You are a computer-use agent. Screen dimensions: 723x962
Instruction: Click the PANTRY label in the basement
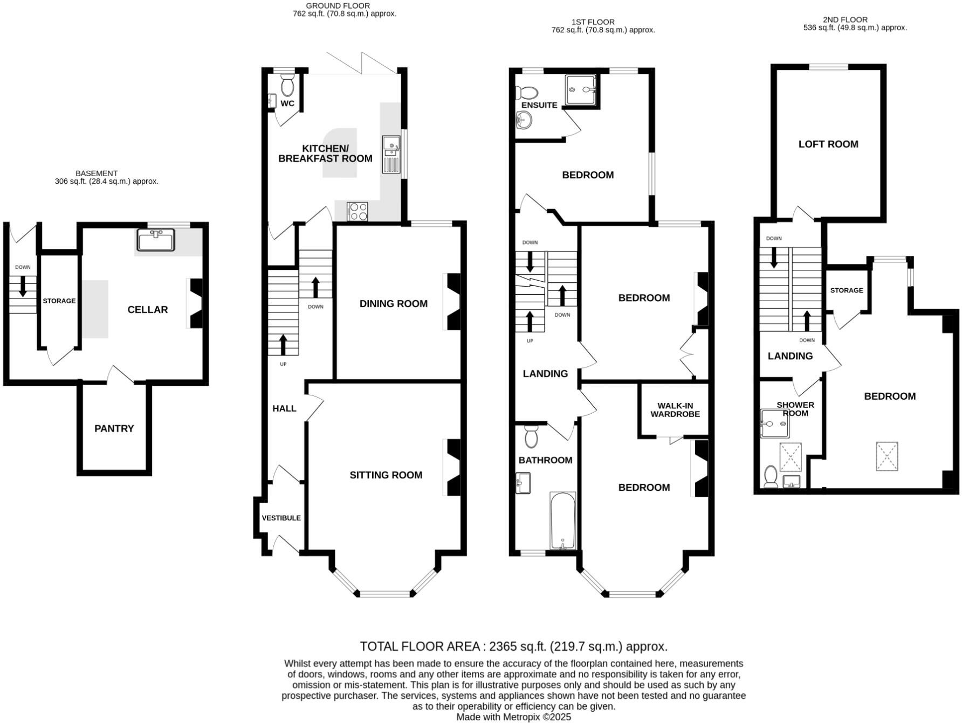114,428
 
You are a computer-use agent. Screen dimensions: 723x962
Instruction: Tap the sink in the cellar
156,240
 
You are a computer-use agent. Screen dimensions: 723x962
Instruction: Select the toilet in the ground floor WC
287,85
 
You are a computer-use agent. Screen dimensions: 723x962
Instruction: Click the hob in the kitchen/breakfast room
357,211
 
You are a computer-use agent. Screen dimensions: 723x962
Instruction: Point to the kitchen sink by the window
391,154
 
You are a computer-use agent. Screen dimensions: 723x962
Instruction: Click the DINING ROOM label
393,304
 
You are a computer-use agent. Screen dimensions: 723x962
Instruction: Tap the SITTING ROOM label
386,475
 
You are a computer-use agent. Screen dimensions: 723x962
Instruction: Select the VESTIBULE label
281,518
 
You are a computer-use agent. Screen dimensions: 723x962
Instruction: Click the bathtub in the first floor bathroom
562,520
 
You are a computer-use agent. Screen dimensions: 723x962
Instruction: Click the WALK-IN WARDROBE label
675,410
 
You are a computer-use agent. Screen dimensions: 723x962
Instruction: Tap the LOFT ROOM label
828,144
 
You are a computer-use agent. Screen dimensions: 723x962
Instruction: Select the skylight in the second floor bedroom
887,456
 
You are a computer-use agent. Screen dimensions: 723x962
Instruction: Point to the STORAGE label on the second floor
846,290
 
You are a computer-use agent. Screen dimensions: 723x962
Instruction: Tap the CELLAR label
147,310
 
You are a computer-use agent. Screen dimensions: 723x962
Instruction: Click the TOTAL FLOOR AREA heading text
513,646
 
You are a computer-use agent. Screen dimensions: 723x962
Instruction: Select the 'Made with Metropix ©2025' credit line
513,717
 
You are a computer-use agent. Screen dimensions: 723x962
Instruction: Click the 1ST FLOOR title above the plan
585,22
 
